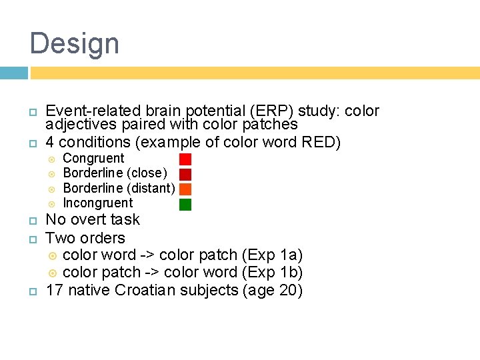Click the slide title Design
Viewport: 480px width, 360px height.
(x=75, y=44)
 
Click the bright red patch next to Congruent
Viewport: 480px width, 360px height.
(x=185, y=159)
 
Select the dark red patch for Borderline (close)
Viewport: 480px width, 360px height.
(x=185, y=174)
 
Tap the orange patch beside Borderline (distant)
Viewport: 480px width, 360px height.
(x=185, y=189)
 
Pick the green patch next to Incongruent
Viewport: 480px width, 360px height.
(x=185, y=204)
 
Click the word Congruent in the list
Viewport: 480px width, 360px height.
(x=93, y=159)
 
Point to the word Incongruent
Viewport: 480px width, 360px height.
(x=98, y=203)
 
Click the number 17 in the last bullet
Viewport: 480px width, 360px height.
(x=54, y=291)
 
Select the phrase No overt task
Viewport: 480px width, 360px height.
(x=93, y=220)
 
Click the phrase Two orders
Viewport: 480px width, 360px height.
(x=85, y=238)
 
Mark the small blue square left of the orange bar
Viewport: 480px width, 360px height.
(x=13, y=73)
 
